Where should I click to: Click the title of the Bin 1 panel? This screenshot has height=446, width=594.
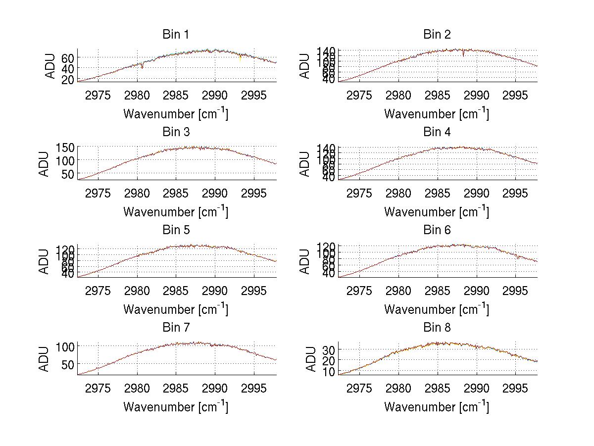pos(176,35)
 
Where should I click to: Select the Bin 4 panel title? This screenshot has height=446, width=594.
pos(437,132)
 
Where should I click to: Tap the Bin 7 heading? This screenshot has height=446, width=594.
pos(176,328)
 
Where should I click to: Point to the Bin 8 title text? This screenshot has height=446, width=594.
pos(437,328)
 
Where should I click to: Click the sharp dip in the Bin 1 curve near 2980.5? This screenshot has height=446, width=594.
pos(142,66)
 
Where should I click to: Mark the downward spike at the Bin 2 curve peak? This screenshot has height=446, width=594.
pos(463,54)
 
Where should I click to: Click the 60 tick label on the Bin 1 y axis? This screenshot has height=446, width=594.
pos(68,57)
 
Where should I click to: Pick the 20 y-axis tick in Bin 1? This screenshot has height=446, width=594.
pos(68,79)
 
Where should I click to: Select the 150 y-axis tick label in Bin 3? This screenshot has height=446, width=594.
pos(65,148)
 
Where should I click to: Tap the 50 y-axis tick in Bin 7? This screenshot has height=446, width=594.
pos(68,364)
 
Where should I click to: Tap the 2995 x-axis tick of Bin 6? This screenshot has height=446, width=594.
pos(515,290)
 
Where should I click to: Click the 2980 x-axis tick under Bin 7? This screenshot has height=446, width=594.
pos(137,388)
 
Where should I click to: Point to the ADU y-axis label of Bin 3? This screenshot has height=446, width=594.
pos(45,163)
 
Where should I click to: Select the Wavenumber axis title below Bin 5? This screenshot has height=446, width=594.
pos(176,309)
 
